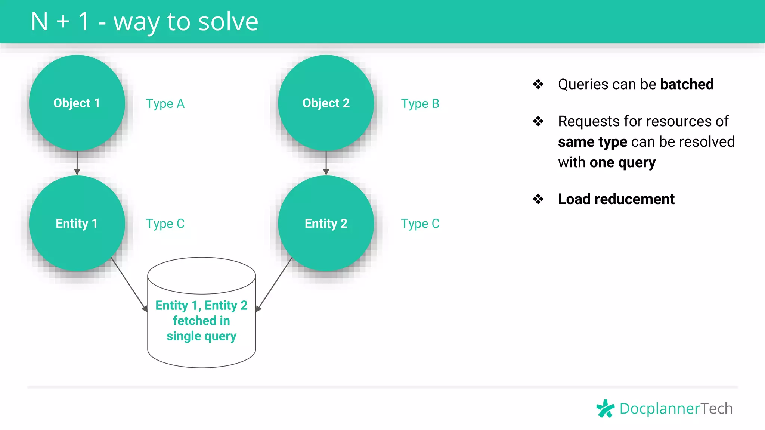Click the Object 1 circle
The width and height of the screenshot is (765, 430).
(x=77, y=103)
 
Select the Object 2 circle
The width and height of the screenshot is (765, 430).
(x=326, y=103)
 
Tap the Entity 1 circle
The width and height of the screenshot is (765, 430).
(x=77, y=223)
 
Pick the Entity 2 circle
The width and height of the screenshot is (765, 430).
(x=326, y=223)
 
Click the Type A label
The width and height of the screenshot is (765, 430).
(x=165, y=104)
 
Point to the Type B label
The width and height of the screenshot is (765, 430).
(x=420, y=104)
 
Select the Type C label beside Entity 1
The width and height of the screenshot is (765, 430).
(x=165, y=224)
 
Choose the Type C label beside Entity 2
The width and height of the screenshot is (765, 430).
(x=420, y=224)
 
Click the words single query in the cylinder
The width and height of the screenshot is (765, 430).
(x=201, y=336)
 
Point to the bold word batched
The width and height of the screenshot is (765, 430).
(x=687, y=84)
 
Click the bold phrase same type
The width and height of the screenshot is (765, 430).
(x=592, y=142)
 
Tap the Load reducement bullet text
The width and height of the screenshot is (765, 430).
(x=616, y=199)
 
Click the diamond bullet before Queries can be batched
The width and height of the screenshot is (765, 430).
(x=538, y=84)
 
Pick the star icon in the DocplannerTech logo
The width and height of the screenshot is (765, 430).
(x=605, y=408)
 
